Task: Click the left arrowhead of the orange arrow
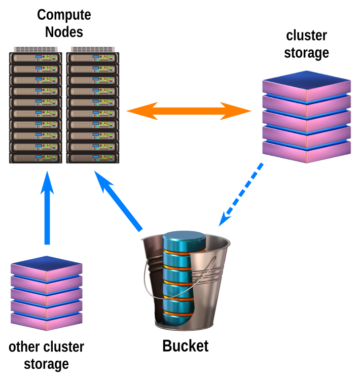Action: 136,111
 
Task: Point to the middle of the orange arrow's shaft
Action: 189,111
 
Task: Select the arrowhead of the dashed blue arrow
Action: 223,220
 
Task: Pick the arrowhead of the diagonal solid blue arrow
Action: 101,181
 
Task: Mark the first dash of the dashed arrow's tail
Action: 260,166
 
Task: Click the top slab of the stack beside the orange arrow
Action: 306,81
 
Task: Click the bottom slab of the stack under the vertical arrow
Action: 46,321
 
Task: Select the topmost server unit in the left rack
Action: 35,57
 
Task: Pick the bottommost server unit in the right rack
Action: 93,158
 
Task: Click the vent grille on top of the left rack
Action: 35,49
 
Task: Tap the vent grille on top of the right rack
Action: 93,49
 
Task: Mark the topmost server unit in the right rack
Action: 93,57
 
